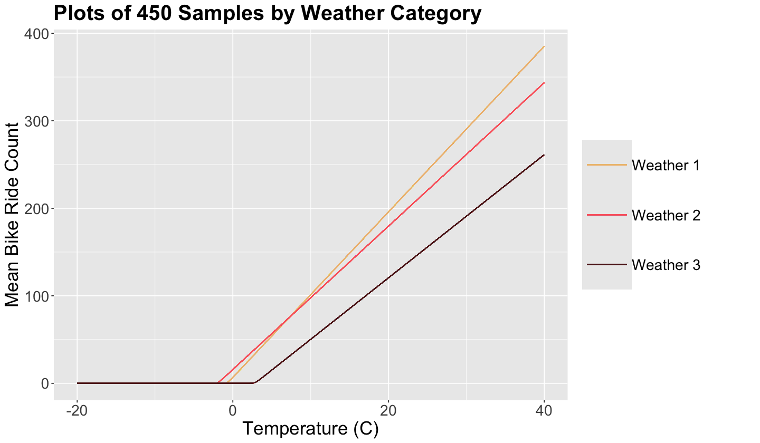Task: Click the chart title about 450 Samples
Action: (x=268, y=13)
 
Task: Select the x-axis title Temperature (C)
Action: (x=311, y=429)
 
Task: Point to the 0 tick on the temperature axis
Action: (x=233, y=410)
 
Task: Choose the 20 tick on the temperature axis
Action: (x=388, y=410)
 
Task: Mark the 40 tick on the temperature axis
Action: (x=544, y=410)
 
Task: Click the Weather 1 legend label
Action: (x=666, y=166)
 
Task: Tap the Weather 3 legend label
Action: (x=666, y=265)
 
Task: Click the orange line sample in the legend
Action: (x=607, y=165)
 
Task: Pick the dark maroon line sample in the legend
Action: (x=607, y=265)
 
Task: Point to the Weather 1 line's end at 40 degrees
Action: (x=544, y=46)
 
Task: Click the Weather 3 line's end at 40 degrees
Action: (x=544, y=155)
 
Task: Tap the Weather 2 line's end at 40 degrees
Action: (x=544, y=83)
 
